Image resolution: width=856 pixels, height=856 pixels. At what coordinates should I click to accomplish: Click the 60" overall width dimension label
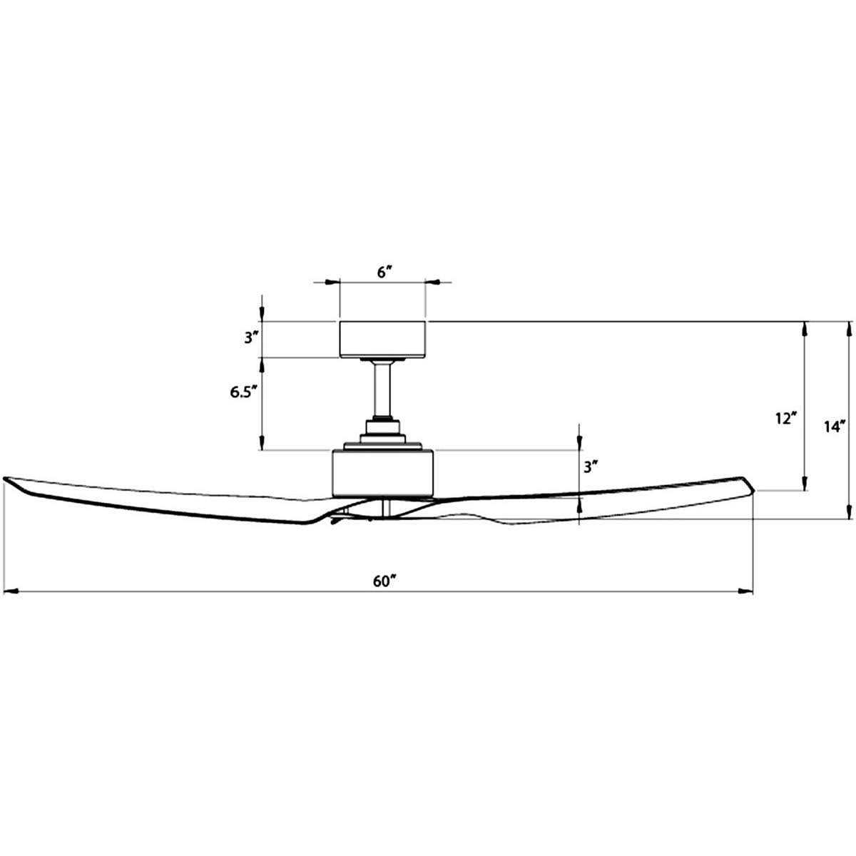click(384, 581)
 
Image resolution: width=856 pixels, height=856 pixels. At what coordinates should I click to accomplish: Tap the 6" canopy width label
click(384, 272)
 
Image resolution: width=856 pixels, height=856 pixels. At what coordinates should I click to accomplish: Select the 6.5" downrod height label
click(244, 392)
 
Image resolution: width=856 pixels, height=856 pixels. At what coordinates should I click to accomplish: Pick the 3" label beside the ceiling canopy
click(251, 338)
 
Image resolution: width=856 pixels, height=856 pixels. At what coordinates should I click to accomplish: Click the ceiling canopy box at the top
click(382, 339)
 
